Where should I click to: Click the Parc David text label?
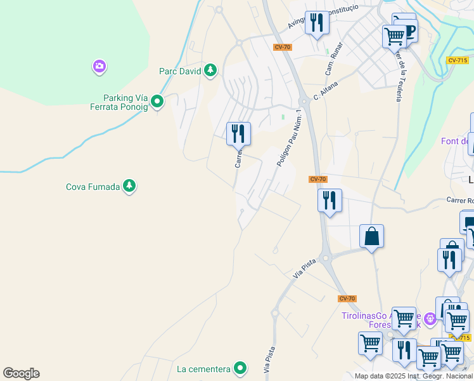(x=179, y=71)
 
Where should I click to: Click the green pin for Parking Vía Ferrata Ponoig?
(x=158, y=101)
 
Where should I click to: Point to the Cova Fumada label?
(x=93, y=187)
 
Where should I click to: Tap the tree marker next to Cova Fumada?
(x=129, y=186)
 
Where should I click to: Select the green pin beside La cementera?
(x=240, y=368)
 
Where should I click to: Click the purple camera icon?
(x=99, y=66)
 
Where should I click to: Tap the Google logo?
(x=21, y=373)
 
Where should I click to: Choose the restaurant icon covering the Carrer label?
(x=238, y=133)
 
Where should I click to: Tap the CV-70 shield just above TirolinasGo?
(x=347, y=298)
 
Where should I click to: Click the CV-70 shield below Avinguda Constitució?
(x=282, y=47)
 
